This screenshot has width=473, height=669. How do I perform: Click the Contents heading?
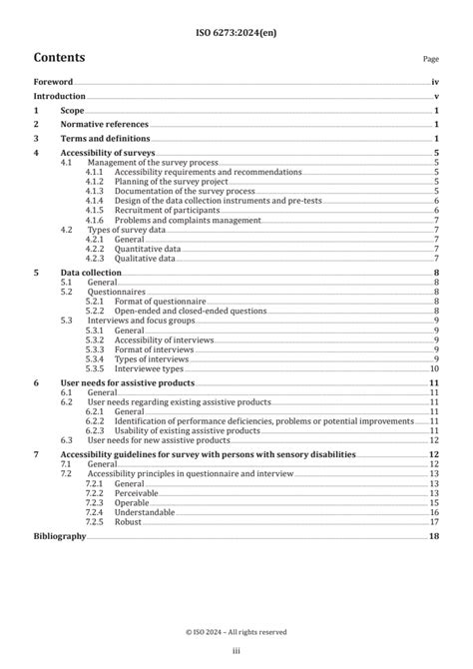59,57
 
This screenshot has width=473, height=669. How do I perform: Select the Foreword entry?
53,83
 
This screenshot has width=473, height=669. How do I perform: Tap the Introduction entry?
59,97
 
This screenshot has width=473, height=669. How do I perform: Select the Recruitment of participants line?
159,211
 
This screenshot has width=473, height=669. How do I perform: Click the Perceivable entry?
137,492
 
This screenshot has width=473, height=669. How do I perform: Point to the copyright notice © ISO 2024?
236,632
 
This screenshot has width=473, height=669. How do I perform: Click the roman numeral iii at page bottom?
236,651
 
